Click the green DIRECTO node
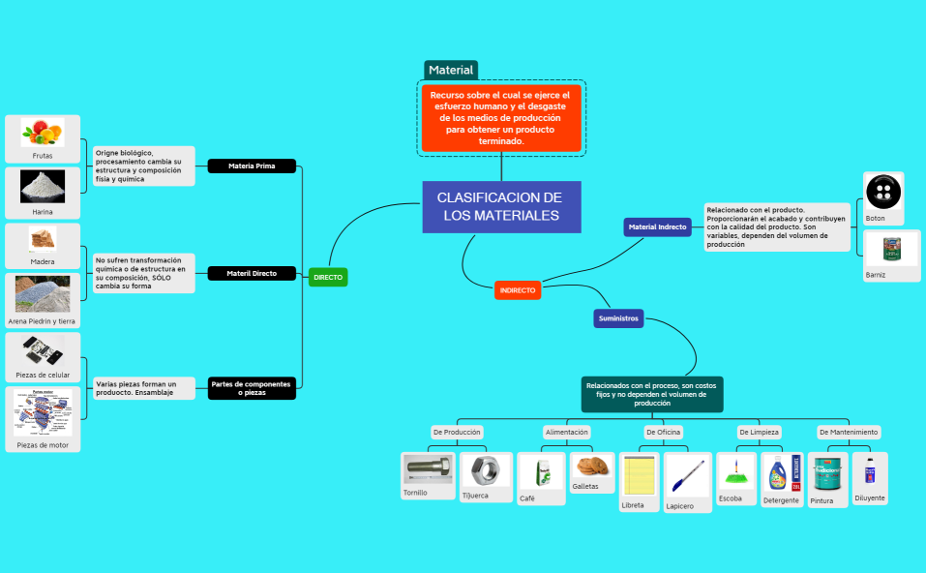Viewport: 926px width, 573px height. (327, 278)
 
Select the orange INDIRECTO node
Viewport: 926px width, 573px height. (518, 290)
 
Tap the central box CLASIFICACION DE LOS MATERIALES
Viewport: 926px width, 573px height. (501, 206)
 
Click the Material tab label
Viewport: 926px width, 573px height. (451, 70)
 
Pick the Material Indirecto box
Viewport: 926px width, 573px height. (657, 227)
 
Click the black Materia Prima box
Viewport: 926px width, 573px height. (252, 166)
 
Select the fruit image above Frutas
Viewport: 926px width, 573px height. (43, 132)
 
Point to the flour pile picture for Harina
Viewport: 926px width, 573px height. (43, 186)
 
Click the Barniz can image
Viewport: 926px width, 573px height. (882, 249)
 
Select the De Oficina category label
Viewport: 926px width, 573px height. (664, 432)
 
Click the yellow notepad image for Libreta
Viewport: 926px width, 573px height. (639, 476)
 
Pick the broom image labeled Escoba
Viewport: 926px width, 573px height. (735, 472)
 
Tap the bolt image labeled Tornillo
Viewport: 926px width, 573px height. (428, 469)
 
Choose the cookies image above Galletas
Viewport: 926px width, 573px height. (592, 467)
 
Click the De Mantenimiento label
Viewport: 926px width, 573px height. (849, 432)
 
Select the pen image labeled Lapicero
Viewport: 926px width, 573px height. (687, 475)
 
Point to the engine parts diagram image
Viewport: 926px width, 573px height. (43, 413)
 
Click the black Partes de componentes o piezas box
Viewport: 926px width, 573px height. (252, 388)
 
